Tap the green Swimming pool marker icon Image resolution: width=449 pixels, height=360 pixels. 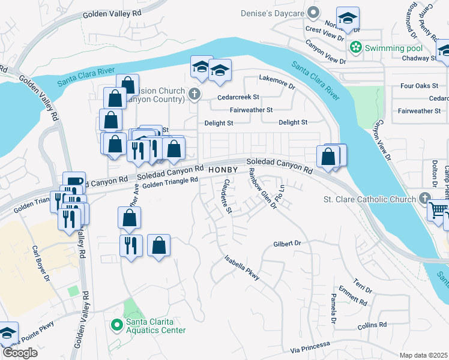pyautogui.click(x=355, y=47)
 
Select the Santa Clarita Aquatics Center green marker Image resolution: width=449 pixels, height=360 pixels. pyautogui.click(x=118, y=325)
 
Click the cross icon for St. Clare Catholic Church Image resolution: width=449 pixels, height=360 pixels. pyautogui.click(x=425, y=199)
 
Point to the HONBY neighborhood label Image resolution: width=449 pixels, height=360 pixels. pyautogui.click(x=224, y=170)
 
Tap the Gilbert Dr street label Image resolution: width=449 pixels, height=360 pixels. pyautogui.click(x=286, y=244)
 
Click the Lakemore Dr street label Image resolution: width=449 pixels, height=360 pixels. pyautogui.click(x=277, y=82)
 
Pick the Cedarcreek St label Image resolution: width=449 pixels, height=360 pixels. pyautogui.click(x=238, y=97)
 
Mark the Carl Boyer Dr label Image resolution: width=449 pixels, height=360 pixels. pyautogui.click(x=41, y=262)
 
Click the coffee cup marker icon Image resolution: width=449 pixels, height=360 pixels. pyautogui.click(x=74, y=182)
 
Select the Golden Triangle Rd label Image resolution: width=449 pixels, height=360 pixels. pyautogui.click(x=170, y=181)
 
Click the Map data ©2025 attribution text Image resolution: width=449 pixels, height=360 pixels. pyautogui.click(x=424, y=355)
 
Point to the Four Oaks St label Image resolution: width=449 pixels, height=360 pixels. pyautogui.click(x=419, y=86)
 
